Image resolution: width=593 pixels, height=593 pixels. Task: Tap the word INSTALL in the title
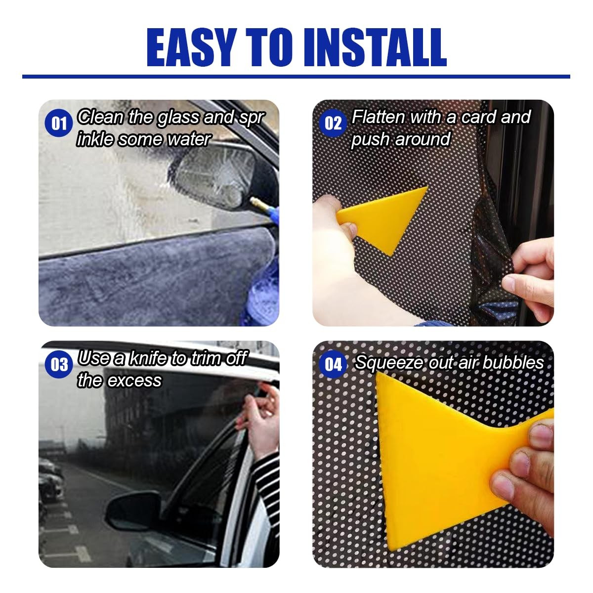click(x=375, y=47)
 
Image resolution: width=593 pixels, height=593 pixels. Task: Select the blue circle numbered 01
click(x=59, y=124)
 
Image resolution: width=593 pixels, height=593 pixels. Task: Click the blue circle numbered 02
click(x=333, y=124)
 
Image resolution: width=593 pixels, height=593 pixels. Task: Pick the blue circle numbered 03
click(x=59, y=364)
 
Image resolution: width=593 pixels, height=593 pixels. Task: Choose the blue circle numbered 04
click(x=333, y=364)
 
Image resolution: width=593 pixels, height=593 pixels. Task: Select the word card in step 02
click(x=478, y=117)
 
